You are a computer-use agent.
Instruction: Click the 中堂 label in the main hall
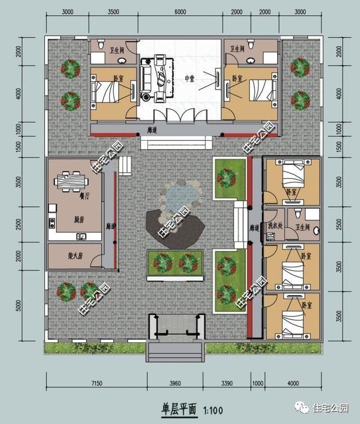(189, 79)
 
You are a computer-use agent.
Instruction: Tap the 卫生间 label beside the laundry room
(303, 227)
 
